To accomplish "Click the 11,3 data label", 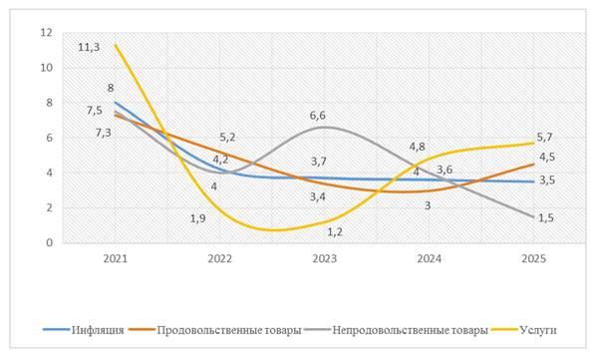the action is (89, 48).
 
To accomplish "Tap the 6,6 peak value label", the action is (318, 115).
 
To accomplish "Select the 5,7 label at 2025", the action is (545, 137).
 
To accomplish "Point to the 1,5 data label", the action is (546, 217).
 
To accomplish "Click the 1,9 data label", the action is (198, 218).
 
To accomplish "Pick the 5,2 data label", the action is (227, 137).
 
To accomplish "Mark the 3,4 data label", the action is (318, 197).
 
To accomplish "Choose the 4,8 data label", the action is (418, 147).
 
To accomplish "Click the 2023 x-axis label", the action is (325, 259).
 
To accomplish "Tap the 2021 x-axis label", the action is (116, 259).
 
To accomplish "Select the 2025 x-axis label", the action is (534, 259).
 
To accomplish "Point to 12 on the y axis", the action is (46, 33).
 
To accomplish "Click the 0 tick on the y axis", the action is (49, 242).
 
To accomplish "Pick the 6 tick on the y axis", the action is (49, 138).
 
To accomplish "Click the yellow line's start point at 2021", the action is (116, 45).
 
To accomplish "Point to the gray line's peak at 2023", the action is (325, 127).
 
